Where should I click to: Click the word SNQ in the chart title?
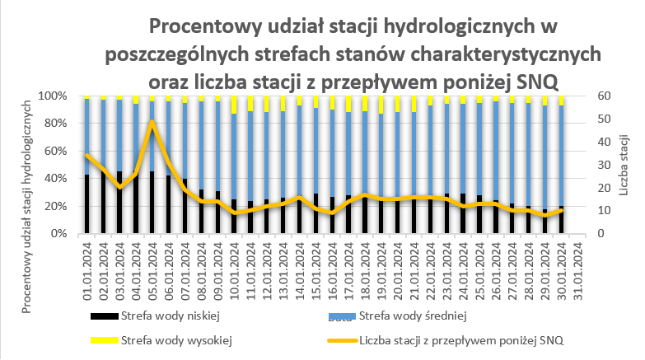click(x=537, y=81)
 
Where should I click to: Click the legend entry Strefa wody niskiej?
click(x=169, y=316)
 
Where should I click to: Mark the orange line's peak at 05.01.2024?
click(x=152, y=122)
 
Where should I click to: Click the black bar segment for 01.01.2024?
click(x=87, y=204)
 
